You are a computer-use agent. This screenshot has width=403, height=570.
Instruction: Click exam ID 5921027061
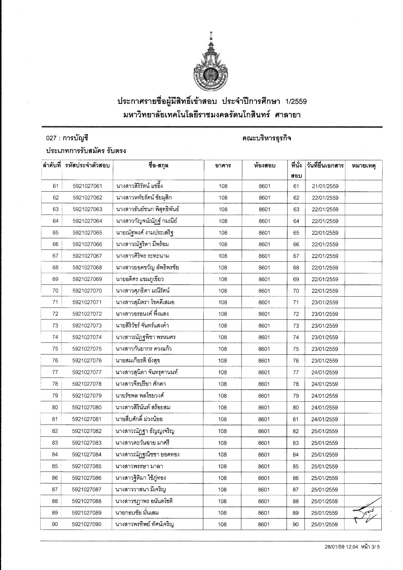(87, 186)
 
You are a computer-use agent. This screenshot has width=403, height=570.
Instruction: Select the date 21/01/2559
(325, 186)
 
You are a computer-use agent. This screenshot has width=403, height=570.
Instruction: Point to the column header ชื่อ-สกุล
(158, 166)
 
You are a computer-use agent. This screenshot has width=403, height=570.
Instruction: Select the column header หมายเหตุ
(364, 166)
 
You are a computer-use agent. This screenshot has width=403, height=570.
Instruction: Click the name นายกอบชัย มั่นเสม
(137, 513)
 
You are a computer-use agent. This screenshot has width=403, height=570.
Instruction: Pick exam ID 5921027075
(87, 349)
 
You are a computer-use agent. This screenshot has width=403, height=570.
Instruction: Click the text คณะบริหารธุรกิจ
(267, 139)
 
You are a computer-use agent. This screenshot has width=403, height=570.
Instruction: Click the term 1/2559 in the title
(296, 101)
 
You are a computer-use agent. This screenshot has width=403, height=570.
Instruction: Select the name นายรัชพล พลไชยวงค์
(140, 396)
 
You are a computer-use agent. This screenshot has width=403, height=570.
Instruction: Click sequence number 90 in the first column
(55, 524)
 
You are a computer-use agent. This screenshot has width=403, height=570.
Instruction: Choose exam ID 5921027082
(87, 431)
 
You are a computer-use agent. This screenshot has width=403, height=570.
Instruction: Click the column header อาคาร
(223, 166)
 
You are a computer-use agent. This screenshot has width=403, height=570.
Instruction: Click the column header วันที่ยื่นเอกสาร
(325, 166)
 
